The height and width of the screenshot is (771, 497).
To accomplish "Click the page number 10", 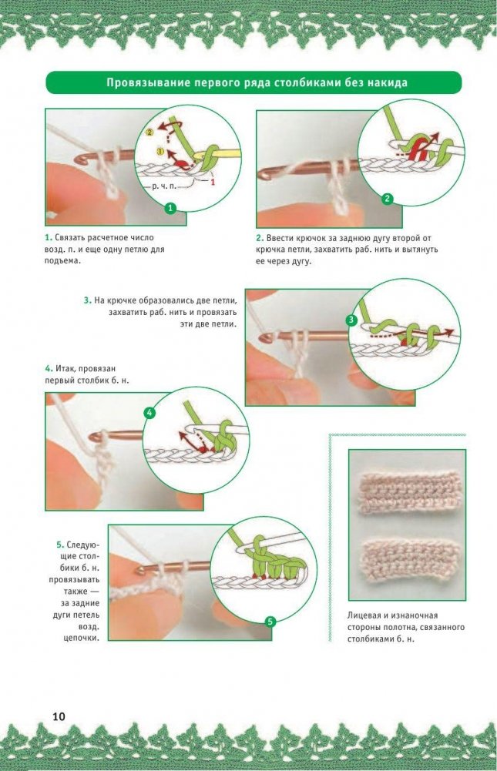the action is pos(59,716).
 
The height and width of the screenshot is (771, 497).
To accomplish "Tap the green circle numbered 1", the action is pos(170,208).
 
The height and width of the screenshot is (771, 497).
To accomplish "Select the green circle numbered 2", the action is pos(388,199).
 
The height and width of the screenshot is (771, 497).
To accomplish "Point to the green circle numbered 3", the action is pos(351,320).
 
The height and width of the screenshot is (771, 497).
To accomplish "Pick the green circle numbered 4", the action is pos(149,413).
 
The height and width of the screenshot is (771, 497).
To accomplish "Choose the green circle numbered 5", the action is pos(270,622).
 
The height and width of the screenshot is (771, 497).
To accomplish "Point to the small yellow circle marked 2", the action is pos(150,132).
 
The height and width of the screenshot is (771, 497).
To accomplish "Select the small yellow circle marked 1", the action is pos(159,151).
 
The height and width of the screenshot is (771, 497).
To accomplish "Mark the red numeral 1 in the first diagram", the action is pos(213,183).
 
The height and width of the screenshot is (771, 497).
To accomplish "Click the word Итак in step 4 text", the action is pos(63,368).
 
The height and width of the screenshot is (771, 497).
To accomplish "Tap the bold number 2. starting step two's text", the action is pos(260,238).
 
